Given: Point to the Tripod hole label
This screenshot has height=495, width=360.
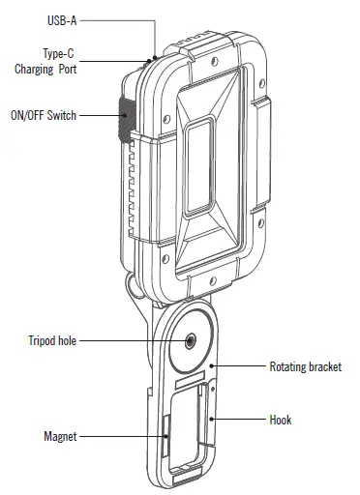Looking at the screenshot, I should [x=51, y=340].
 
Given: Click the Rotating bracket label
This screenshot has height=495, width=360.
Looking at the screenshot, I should [x=304, y=367].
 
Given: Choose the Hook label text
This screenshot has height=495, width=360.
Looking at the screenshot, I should [x=280, y=421].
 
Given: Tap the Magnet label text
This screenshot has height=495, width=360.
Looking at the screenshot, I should [x=60, y=437].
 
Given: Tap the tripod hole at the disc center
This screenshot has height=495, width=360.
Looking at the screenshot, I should [x=188, y=340].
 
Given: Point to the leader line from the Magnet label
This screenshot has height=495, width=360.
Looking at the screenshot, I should [x=121, y=437].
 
